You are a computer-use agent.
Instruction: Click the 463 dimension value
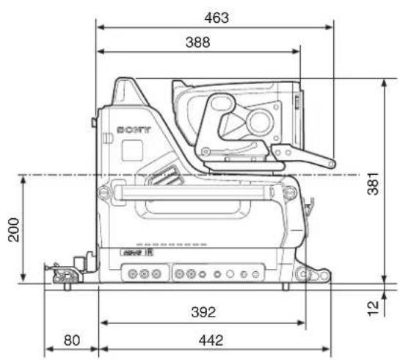(217, 18)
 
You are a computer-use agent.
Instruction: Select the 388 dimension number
(198, 42)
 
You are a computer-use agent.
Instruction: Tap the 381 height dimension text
(373, 184)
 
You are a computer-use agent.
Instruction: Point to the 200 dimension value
(13, 229)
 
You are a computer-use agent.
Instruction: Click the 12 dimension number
(373, 309)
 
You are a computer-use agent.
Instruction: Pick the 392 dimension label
(203, 312)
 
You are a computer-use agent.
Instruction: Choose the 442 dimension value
(211, 340)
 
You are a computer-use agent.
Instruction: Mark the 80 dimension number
(72, 340)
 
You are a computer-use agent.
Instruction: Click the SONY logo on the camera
(134, 130)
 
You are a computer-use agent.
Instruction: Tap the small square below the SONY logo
(132, 151)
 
